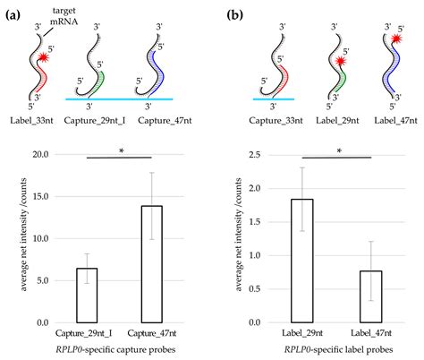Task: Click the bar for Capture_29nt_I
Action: [86, 296]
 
